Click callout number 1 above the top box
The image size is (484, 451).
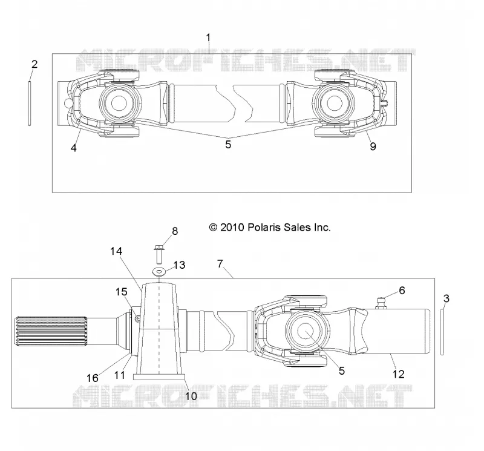point(208,38)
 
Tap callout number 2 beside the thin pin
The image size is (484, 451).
point(34,64)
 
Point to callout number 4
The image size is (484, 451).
point(73,148)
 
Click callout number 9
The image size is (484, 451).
point(373,146)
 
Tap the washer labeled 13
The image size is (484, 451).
point(159,272)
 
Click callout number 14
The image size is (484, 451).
point(116,251)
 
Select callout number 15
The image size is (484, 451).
point(122,292)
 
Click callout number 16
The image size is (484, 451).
point(93,378)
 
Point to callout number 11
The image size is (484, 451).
point(119,375)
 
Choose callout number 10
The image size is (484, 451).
point(191,396)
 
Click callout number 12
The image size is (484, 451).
point(399,374)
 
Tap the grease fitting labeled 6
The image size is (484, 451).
point(382,302)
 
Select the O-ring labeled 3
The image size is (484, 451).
point(442,332)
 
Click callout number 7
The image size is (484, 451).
point(220,263)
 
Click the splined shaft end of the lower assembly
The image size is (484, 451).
point(50,332)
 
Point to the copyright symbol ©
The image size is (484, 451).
point(214,228)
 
